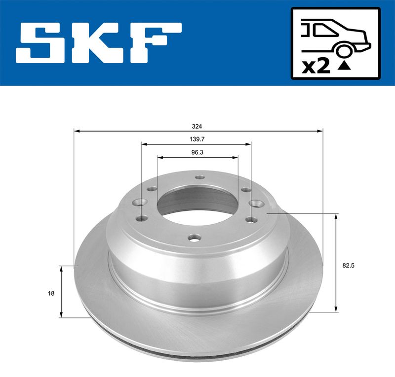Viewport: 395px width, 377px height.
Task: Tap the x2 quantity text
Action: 316,66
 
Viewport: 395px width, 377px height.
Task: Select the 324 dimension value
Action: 197,126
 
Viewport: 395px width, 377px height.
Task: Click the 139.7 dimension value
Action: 197,139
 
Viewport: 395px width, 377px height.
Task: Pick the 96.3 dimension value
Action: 197,153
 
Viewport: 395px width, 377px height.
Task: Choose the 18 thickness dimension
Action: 51,293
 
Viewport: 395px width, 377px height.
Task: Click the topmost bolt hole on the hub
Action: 199,178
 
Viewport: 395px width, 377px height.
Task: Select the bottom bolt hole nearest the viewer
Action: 194,238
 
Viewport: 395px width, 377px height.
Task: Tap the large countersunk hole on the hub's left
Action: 141,203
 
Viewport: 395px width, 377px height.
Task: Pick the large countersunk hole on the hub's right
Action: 255,203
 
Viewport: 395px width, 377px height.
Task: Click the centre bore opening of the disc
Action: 197,207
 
